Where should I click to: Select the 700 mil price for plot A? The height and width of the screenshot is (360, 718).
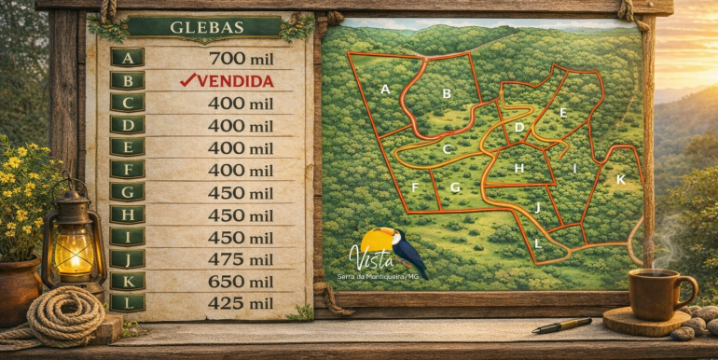click(241, 58)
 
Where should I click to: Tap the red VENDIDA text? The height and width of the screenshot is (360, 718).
click(227, 81)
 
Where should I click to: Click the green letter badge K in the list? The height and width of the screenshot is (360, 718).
click(127, 281)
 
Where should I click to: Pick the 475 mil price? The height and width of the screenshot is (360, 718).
click(241, 259)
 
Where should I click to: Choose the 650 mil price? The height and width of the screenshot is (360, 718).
click(241, 281)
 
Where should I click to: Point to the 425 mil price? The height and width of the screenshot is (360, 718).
click(241, 303)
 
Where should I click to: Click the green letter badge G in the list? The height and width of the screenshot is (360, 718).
click(127, 192)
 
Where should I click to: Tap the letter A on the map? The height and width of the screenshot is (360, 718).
click(384, 90)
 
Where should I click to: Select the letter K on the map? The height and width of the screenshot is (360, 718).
click(620, 179)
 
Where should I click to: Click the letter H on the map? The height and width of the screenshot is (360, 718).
click(519, 169)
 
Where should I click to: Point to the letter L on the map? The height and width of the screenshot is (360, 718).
click(538, 244)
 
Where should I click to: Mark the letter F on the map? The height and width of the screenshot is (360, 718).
click(414, 187)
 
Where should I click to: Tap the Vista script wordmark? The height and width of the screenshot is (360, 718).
click(366, 255)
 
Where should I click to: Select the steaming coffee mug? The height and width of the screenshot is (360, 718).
click(659, 293)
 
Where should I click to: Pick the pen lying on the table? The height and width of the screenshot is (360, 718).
click(562, 325)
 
